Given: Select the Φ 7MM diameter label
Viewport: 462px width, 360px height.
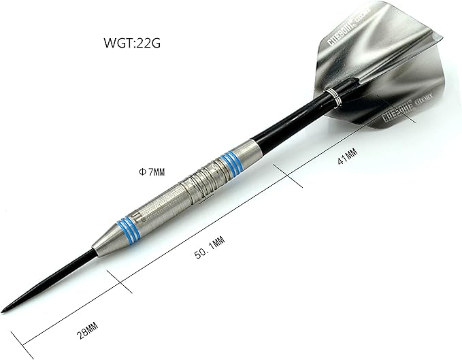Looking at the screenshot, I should click(x=150, y=172).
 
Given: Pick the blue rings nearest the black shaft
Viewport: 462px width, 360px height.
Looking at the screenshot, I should click(x=231, y=163).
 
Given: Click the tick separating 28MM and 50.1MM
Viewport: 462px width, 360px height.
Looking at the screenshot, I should click(x=121, y=281).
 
